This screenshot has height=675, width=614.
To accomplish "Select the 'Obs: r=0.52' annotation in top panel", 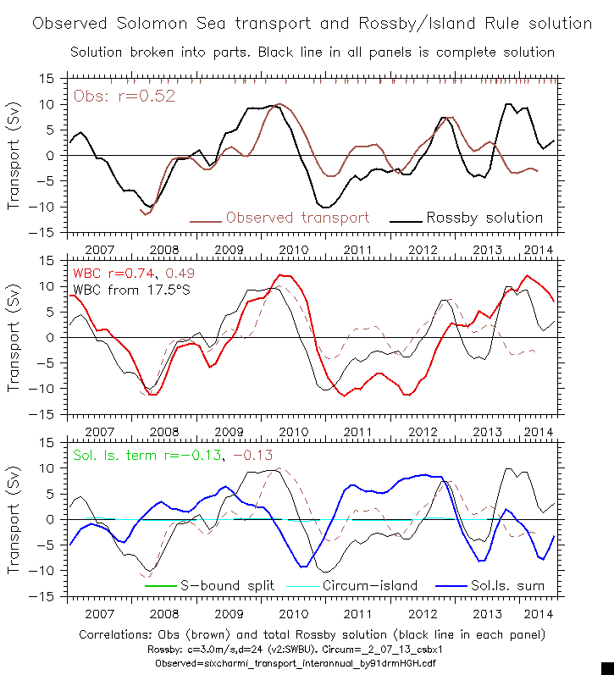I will [x=124, y=96].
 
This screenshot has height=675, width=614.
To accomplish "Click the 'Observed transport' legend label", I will [x=297, y=218].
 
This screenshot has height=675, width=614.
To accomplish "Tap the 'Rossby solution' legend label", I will [x=484, y=218].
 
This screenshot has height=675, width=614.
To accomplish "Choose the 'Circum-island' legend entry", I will [x=370, y=585].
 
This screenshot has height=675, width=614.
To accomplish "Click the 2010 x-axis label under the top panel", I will [x=293, y=250].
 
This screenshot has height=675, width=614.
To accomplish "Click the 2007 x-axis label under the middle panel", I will [x=99, y=432].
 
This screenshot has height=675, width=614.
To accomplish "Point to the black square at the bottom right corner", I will [x=606, y=667].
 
